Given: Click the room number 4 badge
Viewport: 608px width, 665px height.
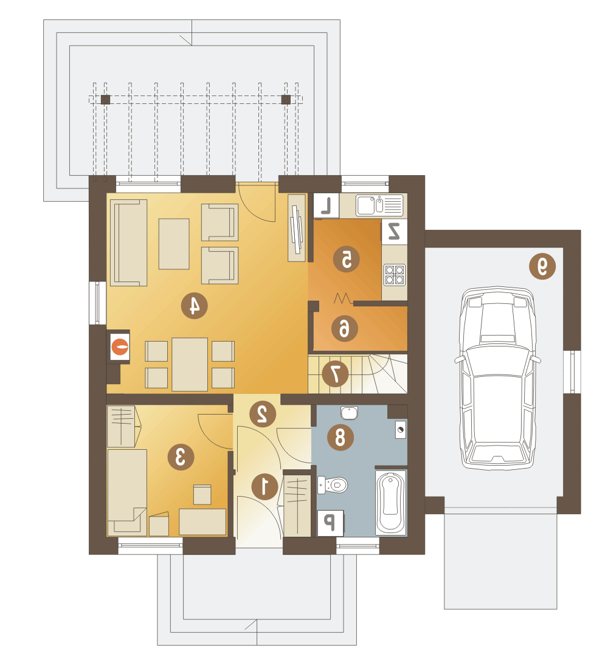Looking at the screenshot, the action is [x=195, y=305].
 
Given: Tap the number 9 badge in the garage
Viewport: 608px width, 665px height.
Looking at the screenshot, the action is [x=542, y=266].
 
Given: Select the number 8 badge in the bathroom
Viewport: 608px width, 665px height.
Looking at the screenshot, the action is [x=340, y=437].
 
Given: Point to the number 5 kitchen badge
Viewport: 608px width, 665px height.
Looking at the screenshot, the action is [x=346, y=259].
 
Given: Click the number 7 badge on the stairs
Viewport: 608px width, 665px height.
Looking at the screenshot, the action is [x=335, y=374].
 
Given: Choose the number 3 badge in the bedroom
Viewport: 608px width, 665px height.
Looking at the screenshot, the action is [x=181, y=457].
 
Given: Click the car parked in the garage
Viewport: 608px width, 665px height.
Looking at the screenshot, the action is [x=498, y=377].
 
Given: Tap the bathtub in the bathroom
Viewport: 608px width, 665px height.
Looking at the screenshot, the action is [x=391, y=502].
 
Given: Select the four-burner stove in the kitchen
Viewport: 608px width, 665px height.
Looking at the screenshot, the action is [x=395, y=274].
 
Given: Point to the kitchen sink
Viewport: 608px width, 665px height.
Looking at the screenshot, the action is [x=379, y=205].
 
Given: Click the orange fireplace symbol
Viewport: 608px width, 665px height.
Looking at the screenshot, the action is [x=120, y=347].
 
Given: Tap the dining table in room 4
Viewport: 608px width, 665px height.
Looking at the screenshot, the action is [x=190, y=364].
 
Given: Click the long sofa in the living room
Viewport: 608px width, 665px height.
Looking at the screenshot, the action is [x=128, y=243].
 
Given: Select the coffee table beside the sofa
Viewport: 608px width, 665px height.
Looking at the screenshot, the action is [x=174, y=244].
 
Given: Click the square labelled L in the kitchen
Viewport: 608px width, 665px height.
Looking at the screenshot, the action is [x=326, y=205].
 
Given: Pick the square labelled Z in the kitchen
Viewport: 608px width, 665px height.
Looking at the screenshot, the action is [x=395, y=232].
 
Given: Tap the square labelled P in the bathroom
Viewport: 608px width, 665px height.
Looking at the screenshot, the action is [x=330, y=523].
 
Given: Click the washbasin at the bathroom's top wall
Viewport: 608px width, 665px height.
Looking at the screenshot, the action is [x=349, y=413].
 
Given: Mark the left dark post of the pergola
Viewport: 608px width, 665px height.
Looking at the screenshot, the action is [x=105, y=100].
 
